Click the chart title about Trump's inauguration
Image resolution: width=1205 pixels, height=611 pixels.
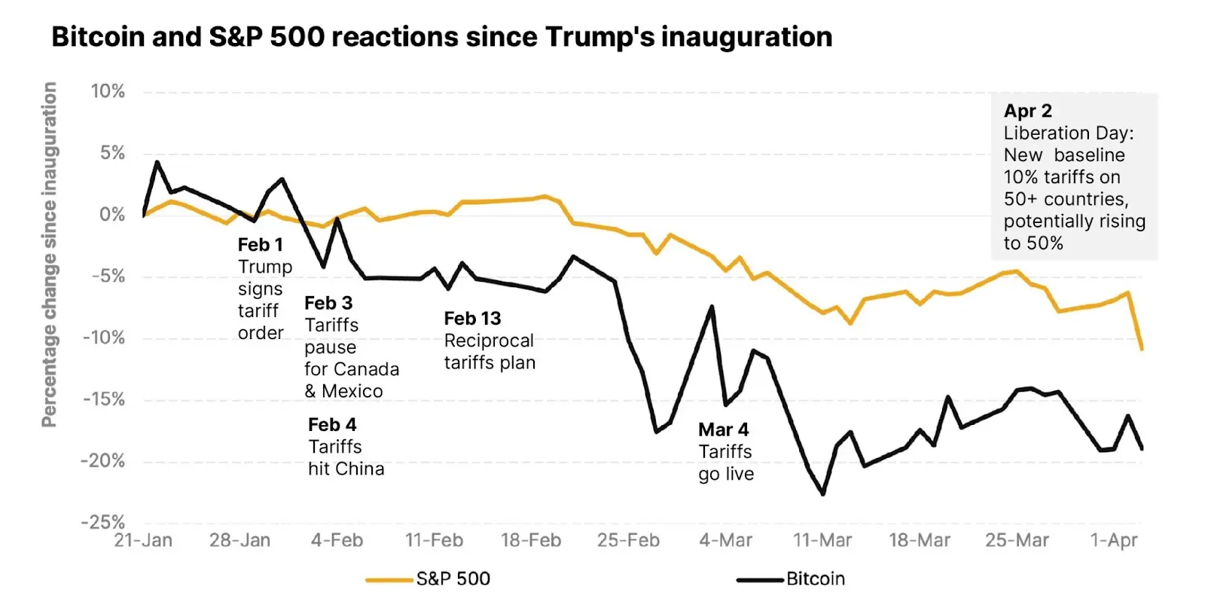pyautogui.click(x=441, y=37)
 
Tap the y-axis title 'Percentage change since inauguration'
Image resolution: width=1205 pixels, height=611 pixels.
pyautogui.click(x=49, y=255)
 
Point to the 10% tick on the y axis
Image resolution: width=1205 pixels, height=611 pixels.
pyautogui.click(x=108, y=92)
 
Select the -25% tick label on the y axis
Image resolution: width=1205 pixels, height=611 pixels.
pyautogui.click(x=104, y=522)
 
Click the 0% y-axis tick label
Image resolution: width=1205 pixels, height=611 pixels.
pyautogui.click(x=112, y=215)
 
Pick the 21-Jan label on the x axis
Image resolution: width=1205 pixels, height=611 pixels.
pyautogui.click(x=143, y=541)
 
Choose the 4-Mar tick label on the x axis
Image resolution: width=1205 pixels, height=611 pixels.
pyautogui.click(x=725, y=541)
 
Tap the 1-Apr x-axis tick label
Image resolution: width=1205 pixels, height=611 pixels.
pyautogui.click(x=1114, y=541)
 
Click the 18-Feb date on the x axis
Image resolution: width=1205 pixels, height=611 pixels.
pyautogui.click(x=531, y=541)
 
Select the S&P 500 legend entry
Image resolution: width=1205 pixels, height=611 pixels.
pyautogui.click(x=453, y=579)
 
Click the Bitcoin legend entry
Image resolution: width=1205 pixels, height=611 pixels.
pyautogui.click(x=816, y=579)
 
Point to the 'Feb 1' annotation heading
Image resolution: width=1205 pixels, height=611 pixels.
pyautogui.click(x=260, y=245)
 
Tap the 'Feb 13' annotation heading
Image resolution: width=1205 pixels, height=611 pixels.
pyautogui.click(x=472, y=319)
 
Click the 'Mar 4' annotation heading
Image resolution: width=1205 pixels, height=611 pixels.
pyautogui.click(x=723, y=429)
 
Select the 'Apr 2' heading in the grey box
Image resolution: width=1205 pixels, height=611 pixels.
pyautogui.click(x=1027, y=111)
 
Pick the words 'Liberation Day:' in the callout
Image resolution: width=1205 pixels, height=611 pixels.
pyautogui.click(x=1068, y=133)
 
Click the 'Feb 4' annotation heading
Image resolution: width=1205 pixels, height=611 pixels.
pyautogui.click(x=332, y=425)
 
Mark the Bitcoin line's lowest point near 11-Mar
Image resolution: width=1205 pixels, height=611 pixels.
pyautogui.click(x=822, y=494)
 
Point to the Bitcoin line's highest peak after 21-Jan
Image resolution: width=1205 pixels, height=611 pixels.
pyautogui.click(x=157, y=162)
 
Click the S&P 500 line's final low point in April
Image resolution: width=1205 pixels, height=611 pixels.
pyautogui.click(x=1142, y=349)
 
